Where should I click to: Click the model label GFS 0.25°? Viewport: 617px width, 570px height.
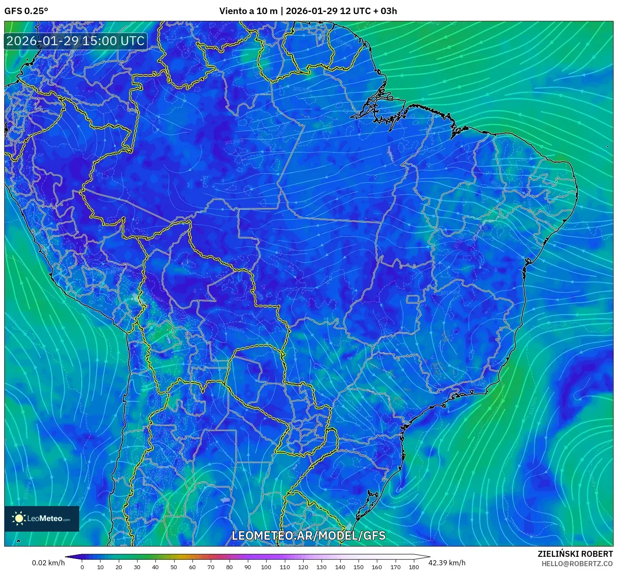(26, 11)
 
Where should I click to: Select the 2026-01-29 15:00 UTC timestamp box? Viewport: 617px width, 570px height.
(75, 41)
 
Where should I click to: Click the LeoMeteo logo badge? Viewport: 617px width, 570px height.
(42, 518)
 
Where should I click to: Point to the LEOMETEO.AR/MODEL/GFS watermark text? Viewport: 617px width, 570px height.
(308, 535)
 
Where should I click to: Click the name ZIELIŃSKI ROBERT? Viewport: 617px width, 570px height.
(575, 554)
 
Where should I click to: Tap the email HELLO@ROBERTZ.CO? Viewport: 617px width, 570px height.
(577, 564)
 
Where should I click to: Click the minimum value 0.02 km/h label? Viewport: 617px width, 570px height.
(48, 563)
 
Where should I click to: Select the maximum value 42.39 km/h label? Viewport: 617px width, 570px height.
(447, 563)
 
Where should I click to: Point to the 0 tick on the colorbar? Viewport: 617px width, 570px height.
(82, 567)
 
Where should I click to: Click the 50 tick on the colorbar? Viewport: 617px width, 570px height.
(174, 567)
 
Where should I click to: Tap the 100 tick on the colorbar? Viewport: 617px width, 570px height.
(266, 567)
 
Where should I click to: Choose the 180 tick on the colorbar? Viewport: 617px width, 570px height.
(414, 567)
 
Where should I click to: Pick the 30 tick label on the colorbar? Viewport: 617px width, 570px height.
(137, 567)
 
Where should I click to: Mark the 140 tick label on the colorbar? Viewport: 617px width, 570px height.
(340, 567)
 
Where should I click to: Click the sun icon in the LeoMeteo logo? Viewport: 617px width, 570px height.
(19, 518)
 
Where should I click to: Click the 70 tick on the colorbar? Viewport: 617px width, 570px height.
(211, 567)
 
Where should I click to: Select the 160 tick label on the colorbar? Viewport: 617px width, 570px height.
(377, 567)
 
